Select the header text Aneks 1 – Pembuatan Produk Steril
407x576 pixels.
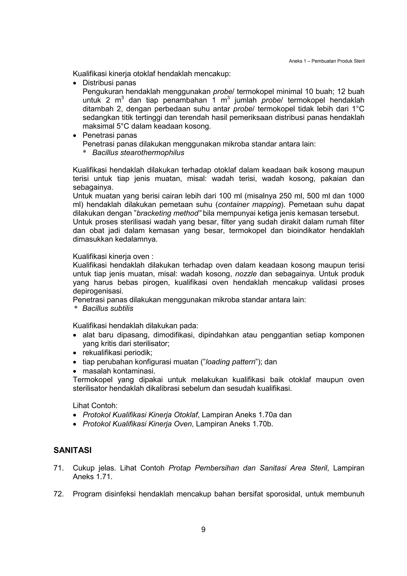(x=327, y=61)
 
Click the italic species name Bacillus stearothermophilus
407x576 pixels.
(x=138, y=153)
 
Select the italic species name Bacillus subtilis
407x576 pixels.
(x=108, y=308)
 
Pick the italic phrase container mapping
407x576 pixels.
(x=249, y=205)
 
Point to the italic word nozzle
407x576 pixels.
(x=246, y=274)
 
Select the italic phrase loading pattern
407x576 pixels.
(x=230, y=362)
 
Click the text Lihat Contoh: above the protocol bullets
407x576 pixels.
(x=95, y=406)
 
